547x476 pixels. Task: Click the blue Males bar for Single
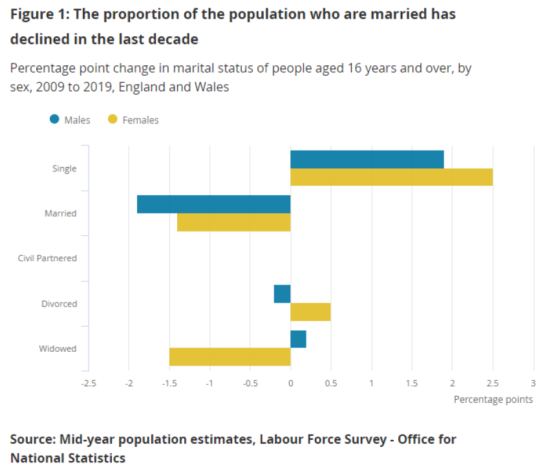pos(367,159)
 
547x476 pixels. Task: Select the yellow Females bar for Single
pos(391,177)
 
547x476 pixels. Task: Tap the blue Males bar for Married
pos(213,204)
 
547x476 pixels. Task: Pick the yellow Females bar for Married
pos(233,222)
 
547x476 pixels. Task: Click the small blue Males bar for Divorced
pos(282,294)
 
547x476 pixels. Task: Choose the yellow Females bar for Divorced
pos(310,312)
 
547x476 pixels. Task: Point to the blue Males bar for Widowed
pos(298,339)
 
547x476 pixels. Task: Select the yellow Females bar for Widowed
pos(230,357)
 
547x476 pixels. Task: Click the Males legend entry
pos(70,120)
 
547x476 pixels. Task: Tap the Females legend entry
pos(133,120)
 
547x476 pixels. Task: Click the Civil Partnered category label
pos(47,258)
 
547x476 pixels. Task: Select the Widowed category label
pos(58,349)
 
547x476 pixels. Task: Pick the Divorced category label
pos(59,303)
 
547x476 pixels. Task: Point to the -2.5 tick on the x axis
pos(89,383)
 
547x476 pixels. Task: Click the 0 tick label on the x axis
pos(290,383)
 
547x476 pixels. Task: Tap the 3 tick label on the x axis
pos(533,383)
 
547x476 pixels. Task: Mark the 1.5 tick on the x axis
pos(412,383)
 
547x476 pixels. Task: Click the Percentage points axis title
pos(493,400)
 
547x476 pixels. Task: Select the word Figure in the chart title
pos(30,14)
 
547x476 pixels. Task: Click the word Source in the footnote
pos(30,440)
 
